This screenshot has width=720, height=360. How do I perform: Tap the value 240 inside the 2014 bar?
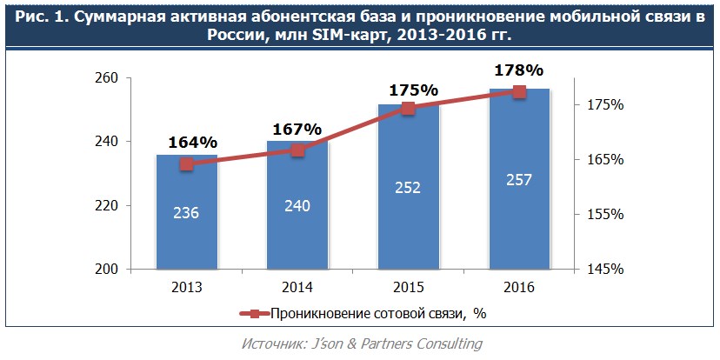click(297, 206)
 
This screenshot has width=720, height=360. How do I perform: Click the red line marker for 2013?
click(186, 164)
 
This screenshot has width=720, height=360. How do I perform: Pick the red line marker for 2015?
click(408, 108)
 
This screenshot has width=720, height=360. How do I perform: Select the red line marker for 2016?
click(519, 91)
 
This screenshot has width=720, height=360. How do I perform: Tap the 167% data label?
click(297, 129)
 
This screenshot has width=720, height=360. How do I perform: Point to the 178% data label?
click(519, 70)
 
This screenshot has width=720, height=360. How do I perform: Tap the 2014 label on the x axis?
click(297, 288)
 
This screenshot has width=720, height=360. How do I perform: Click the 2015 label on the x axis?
click(408, 288)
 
